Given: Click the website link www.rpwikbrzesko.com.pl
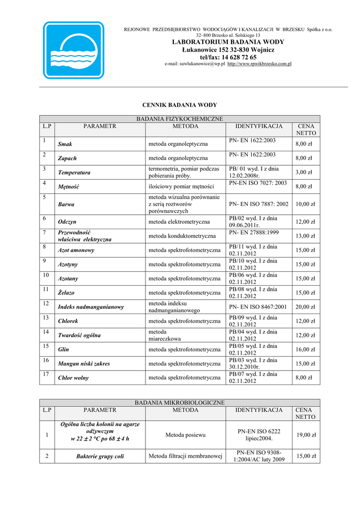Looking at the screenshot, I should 259,64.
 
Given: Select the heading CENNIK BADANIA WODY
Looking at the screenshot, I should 180,105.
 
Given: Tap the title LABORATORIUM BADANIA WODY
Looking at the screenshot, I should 228,42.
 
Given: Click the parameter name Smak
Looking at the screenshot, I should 65,144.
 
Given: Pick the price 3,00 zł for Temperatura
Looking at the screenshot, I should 304,172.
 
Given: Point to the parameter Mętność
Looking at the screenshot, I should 69,187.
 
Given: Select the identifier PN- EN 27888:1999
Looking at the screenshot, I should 254,232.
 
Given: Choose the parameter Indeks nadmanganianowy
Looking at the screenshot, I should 91,307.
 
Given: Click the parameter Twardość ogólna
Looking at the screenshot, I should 79,335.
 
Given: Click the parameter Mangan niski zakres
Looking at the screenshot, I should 84,364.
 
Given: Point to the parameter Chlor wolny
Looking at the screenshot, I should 73,378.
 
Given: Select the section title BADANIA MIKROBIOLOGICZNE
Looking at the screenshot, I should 180,402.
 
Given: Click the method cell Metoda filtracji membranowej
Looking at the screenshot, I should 185,456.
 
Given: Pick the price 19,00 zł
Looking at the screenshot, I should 306,435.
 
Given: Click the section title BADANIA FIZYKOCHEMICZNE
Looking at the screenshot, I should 180,119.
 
